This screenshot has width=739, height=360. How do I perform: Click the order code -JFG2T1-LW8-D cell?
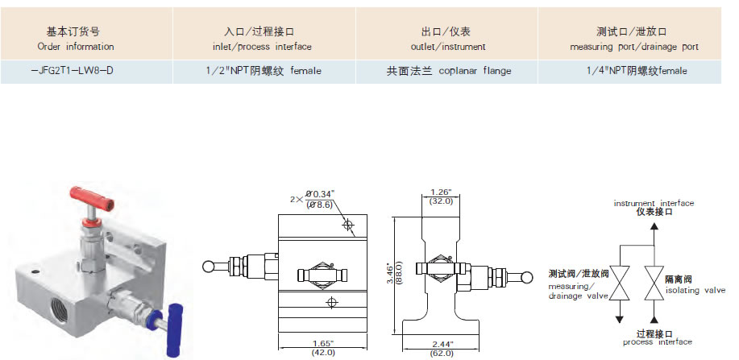[x=71, y=71]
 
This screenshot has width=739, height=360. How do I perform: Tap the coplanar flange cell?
[x=448, y=71]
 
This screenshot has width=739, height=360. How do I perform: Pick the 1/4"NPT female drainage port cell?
[x=637, y=71]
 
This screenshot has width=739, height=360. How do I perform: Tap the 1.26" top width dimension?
[x=439, y=197]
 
